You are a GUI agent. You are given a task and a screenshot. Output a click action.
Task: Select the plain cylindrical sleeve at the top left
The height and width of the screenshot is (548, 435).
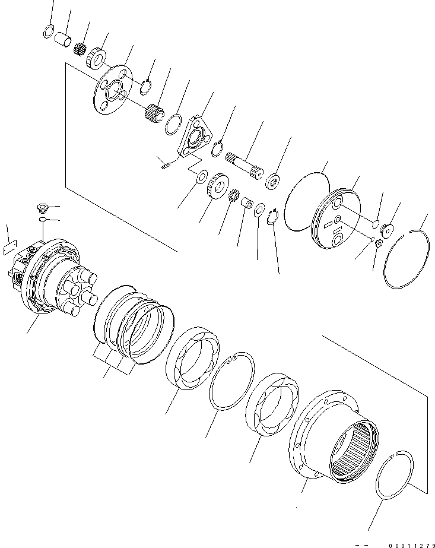63,42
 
